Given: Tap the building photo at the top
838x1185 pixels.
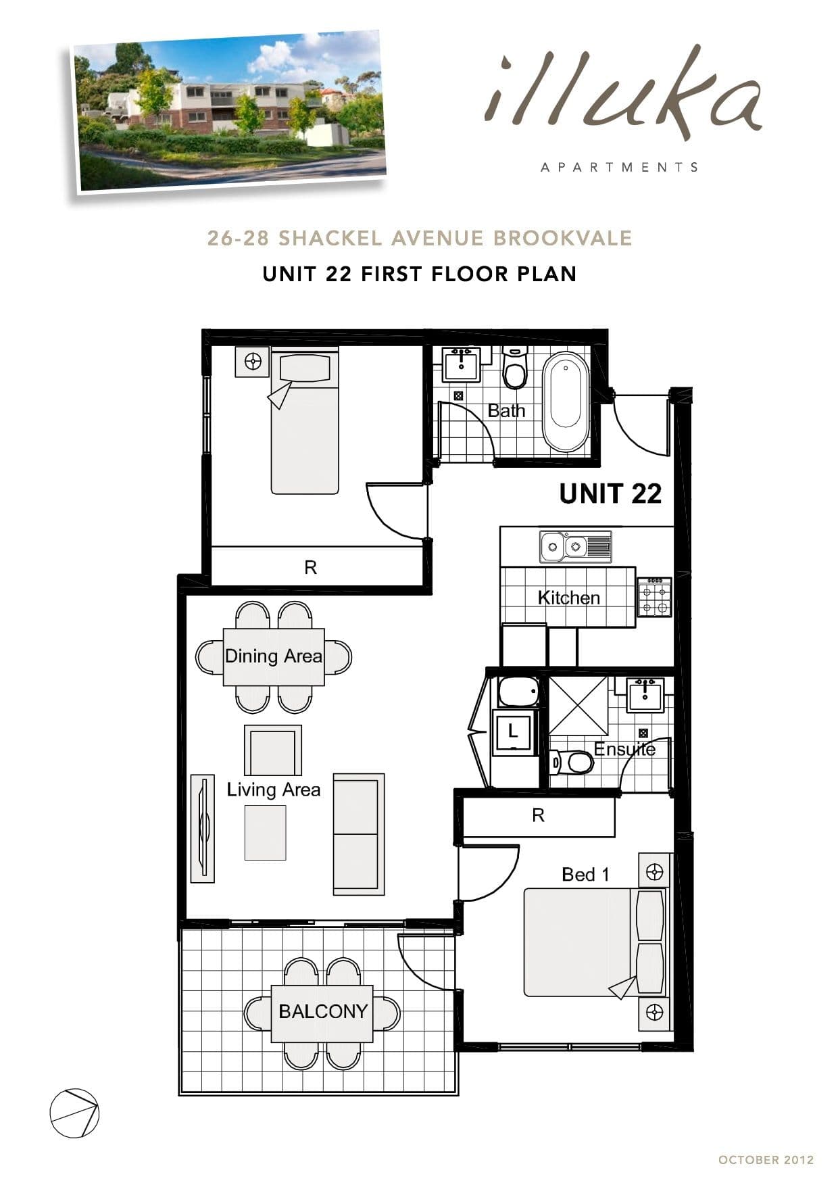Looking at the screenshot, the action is (230, 112).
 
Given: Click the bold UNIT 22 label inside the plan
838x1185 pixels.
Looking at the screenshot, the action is (610, 493).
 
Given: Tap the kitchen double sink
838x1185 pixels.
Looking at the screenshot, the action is (575, 546).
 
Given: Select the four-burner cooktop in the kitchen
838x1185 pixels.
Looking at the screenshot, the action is (655, 598).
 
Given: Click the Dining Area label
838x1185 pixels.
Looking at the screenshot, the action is (274, 656).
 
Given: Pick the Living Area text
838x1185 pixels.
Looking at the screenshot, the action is (274, 790).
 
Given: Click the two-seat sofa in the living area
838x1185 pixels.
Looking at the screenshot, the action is (358, 834).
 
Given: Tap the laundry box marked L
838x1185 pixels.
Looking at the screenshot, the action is (513, 731).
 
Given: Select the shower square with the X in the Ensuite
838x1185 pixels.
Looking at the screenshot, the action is (578, 705).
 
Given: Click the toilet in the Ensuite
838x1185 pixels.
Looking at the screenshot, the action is (572, 763).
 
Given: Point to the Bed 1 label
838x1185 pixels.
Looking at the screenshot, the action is (585, 874).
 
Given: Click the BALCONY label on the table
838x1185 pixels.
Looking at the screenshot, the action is (323, 1011).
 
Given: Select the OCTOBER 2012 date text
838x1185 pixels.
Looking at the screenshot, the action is (766, 1159).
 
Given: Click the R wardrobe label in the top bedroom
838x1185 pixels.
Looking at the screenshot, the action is (310, 567).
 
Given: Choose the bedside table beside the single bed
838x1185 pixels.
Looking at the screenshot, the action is (253, 362).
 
